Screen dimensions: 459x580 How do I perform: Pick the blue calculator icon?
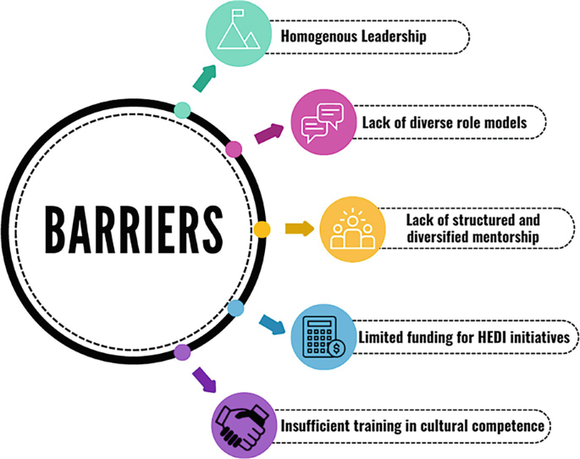click(x=323, y=337)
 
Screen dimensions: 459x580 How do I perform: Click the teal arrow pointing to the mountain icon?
click(x=203, y=77)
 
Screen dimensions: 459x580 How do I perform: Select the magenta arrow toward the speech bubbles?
click(x=269, y=133)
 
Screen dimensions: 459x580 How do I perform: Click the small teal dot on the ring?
click(x=181, y=109)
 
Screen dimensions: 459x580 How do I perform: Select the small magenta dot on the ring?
click(x=235, y=150)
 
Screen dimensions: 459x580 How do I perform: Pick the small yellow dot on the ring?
click(x=262, y=229)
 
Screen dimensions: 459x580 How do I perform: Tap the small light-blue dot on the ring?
click(x=236, y=308)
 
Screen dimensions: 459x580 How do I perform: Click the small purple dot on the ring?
click(x=182, y=350)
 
